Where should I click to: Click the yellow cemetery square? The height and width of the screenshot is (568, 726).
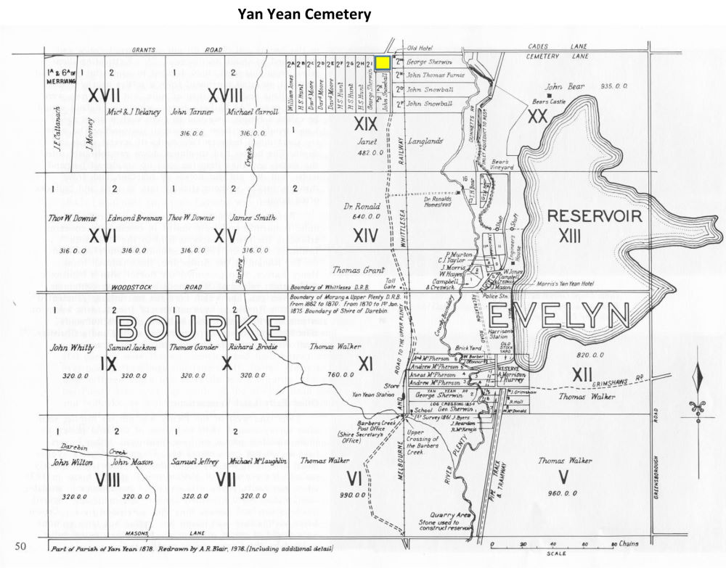pos(382,64)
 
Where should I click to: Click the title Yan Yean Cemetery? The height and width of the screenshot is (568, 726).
pos(304,13)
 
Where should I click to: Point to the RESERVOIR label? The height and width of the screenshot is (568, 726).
pos(595,215)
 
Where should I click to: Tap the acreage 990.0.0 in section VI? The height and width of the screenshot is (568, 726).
pos(351,495)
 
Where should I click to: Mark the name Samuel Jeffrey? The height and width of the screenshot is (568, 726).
pos(191,461)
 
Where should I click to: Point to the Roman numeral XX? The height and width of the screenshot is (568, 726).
pos(537,115)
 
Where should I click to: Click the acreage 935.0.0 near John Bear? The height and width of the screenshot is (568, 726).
pos(614,86)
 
